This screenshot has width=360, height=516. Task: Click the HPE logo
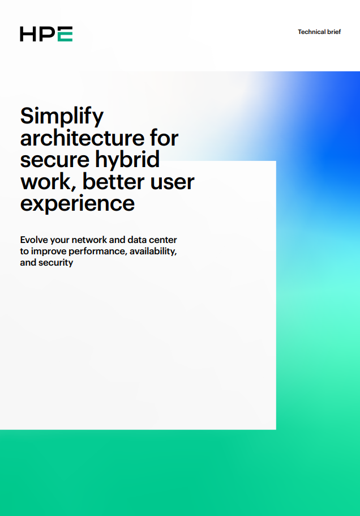46,34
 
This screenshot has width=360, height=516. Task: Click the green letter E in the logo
65,34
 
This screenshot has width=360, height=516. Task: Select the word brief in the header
334,32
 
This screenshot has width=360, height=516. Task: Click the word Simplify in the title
62,117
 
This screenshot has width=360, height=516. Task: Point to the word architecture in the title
82,138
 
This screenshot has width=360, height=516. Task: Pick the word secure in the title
54,160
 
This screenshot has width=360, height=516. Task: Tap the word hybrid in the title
127,160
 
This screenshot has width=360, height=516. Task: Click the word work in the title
46,182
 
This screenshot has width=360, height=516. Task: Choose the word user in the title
172,183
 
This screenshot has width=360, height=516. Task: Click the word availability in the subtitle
153,251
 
